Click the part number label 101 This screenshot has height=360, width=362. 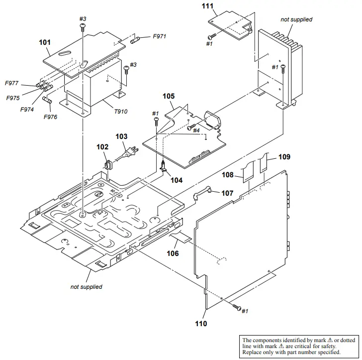tap(45, 42)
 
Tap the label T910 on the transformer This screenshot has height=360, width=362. tap(121, 112)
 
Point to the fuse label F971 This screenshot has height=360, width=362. tap(160, 36)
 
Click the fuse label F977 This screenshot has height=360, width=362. tap(12, 83)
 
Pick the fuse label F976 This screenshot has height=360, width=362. tap(50, 117)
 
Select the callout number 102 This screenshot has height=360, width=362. tap(102, 147)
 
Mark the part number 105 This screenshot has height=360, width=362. tap(169, 95)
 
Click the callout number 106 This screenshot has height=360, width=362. tap(173, 253)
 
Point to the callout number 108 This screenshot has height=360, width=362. tap(228, 175)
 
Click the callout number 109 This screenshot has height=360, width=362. tap(284, 157)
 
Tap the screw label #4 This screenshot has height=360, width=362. tap(196, 130)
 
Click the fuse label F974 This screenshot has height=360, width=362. tap(27, 110)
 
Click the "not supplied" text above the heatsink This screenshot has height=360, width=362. tap(296, 19)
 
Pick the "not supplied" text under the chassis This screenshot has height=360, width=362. tap(86, 287)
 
